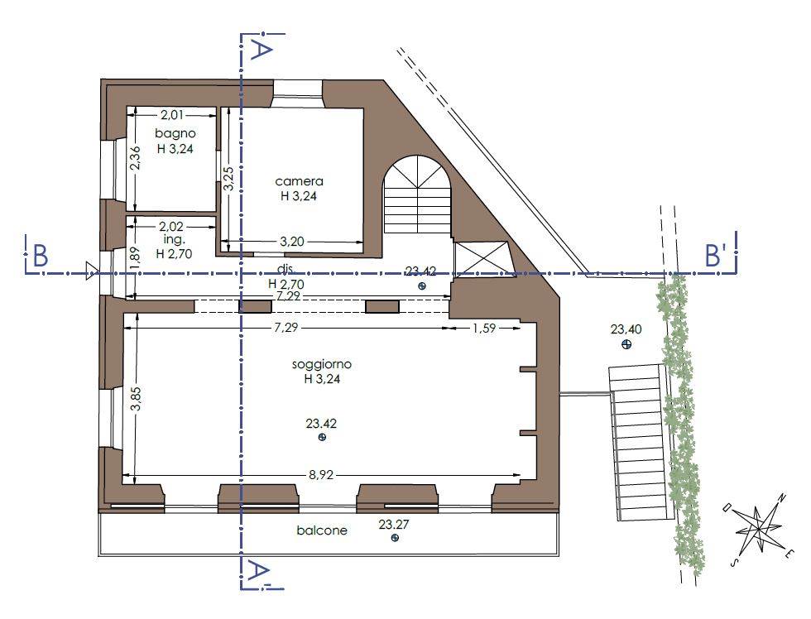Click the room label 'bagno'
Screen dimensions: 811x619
pyautogui.click(x=175, y=134)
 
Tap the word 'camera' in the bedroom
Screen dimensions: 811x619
pyautogui.click(x=299, y=181)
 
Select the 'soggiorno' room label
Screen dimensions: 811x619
pyautogui.click(x=322, y=364)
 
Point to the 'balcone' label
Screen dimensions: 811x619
pyautogui.click(x=322, y=530)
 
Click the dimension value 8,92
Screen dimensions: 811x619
pyautogui.click(x=321, y=475)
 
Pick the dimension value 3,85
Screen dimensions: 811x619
pyautogui.click(x=136, y=399)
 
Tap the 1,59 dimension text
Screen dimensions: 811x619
pyautogui.click(x=484, y=328)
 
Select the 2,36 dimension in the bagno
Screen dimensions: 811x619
pyautogui.click(x=134, y=158)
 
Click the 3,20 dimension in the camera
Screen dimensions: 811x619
pyautogui.click(x=291, y=241)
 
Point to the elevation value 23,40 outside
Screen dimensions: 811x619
pyautogui.click(x=626, y=329)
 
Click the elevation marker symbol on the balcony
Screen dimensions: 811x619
pyautogui.click(x=396, y=538)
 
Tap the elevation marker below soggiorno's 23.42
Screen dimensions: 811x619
pyautogui.click(x=322, y=438)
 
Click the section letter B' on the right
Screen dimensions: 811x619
pyautogui.click(x=716, y=255)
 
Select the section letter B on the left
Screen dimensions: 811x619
pyautogui.click(x=41, y=256)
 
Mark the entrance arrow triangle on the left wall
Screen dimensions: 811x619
pyautogui.click(x=92, y=271)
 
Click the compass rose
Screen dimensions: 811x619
pyautogui.click(x=758, y=530)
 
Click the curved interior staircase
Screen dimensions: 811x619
pyautogui.click(x=417, y=194)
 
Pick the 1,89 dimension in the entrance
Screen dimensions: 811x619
pyautogui.click(x=134, y=257)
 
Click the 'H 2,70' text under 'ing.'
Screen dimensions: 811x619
pyautogui.click(x=174, y=254)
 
